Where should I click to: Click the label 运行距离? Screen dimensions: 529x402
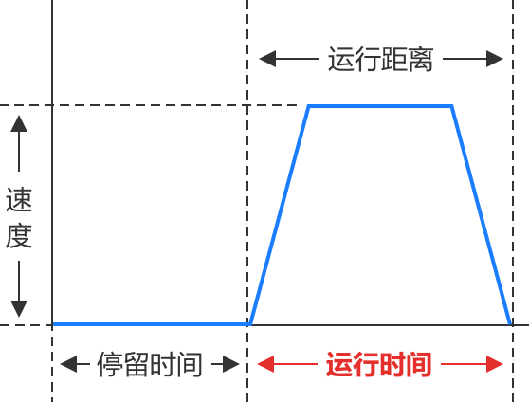380,59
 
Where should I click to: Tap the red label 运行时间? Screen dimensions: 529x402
379,364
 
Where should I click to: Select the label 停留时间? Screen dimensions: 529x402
150,364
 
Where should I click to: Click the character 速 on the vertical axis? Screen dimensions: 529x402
19,199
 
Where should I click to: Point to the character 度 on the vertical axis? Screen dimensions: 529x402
19,235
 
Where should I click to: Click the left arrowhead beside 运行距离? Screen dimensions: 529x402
267,59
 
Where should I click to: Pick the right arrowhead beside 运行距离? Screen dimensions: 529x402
495,59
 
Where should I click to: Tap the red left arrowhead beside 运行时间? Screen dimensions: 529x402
265,364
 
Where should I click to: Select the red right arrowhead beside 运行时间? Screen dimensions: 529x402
495,364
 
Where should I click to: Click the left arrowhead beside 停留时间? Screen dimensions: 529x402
68,364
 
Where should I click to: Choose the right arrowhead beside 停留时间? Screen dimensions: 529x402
231,364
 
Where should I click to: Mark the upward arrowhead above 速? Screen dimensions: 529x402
19,123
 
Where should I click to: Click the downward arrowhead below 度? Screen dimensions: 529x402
19,309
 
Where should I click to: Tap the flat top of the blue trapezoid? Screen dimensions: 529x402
380,106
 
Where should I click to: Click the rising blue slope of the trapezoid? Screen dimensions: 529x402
280,215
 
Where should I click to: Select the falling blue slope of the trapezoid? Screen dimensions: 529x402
481,215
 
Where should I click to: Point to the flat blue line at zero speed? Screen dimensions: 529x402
151,324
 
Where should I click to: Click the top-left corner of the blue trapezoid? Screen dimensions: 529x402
309,106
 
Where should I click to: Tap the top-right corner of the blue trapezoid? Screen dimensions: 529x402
452,106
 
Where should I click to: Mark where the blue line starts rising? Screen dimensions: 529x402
250,324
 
